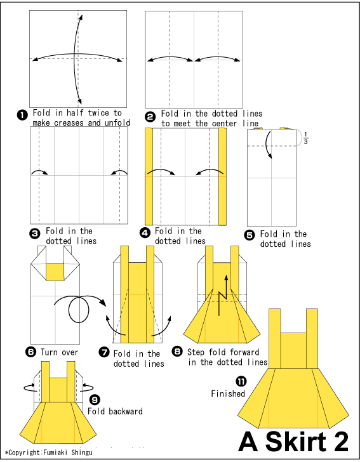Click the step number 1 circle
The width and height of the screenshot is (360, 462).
point(22,114)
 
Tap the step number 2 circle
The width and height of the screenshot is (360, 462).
point(150,116)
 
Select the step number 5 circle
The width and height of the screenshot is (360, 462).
point(250,234)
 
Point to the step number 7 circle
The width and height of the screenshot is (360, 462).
point(103,354)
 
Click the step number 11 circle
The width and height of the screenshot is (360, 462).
point(241,381)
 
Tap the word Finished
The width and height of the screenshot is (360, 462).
point(228,393)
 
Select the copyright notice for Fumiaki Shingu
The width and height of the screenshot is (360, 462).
point(48,453)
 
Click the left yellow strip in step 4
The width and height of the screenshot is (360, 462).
point(149,176)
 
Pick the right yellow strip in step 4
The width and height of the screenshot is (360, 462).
point(223,176)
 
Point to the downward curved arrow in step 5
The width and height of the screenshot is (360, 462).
point(270,145)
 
